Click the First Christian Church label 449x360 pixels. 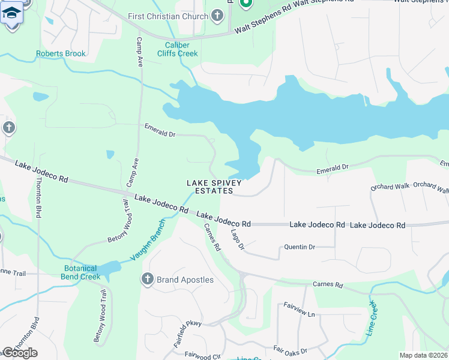click(x=167, y=16)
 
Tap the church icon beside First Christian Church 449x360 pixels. click(x=217, y=16)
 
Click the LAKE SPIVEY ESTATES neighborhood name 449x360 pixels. click(x=214, y=187)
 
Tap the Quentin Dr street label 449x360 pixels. click(x=299, y=247)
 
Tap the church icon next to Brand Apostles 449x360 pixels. click(x=147, y=279)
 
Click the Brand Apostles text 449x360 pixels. click(x=185, y=280)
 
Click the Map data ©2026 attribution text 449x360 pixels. click(x=423, y=355)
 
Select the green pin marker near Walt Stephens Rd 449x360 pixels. click(x=245, y=3)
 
